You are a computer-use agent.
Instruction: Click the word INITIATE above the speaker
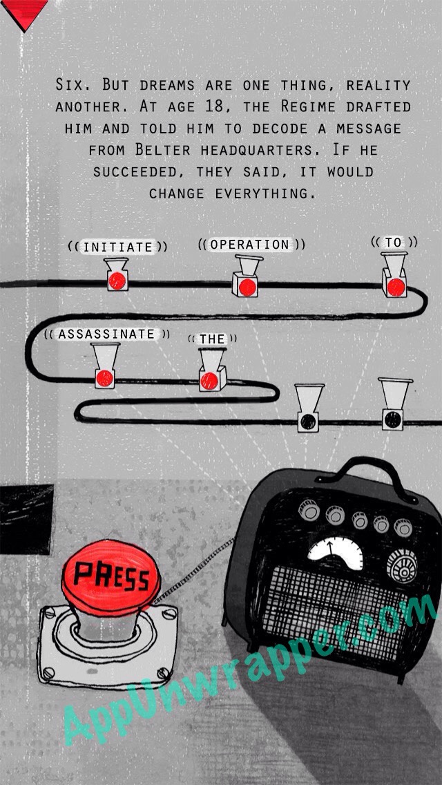(x=117, y=247)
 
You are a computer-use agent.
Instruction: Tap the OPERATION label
(x=250, y=245)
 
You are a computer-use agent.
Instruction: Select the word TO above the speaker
(x=394, y=243)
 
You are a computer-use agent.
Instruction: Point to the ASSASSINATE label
(x=106, y=334)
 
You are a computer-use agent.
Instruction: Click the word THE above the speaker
(x=212, y=339)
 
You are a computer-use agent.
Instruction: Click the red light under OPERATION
(x=247, y=287)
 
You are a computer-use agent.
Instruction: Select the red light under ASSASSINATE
(x=104, y=378)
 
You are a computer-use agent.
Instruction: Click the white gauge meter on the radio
(x=336, y=553)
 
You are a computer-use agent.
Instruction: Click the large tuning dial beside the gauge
(x=402, y=566)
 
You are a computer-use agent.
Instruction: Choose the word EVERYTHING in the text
(x=267, y=193)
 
